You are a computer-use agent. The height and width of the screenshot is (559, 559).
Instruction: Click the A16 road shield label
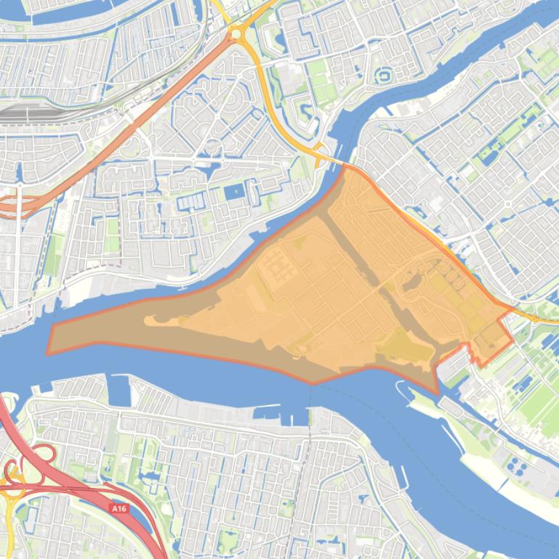[x=119, y=509]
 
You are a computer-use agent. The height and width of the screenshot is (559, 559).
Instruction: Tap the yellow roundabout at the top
[x=236, y=33]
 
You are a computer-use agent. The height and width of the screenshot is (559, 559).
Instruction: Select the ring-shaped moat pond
[x=382, y=74]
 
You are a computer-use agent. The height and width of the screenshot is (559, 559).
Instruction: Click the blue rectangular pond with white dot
[x=235, y=192]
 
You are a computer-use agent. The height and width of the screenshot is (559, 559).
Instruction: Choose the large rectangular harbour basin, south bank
[x=121, y=393]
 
